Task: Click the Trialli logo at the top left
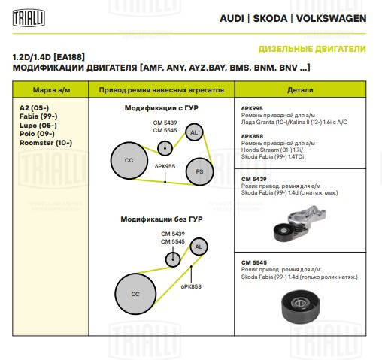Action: (29, 18)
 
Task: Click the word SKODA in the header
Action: (270, 18)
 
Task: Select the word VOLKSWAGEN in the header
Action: (331, 18)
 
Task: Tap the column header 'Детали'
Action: (300, 90)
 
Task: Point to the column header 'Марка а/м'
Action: (52, 90)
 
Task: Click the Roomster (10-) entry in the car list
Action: (46, 143)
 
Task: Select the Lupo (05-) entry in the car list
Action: (38, 126)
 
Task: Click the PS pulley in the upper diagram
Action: (199, 171)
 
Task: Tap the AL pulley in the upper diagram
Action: (194, 132)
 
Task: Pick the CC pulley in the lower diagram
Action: (135, 294)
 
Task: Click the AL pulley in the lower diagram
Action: (199, 247)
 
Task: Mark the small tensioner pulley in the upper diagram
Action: (165, 148)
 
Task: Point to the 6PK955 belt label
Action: (165, 166)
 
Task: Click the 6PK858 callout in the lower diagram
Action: (191, 286)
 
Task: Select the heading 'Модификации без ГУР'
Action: (162, 219)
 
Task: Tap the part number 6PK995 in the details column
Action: (252, 108)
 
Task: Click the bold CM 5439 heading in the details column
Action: (253, 179)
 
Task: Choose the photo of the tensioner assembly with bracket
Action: (299, 223)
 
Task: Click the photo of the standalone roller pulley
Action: (300, 306)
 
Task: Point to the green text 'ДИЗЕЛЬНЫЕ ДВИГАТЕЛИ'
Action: (312, 49)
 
